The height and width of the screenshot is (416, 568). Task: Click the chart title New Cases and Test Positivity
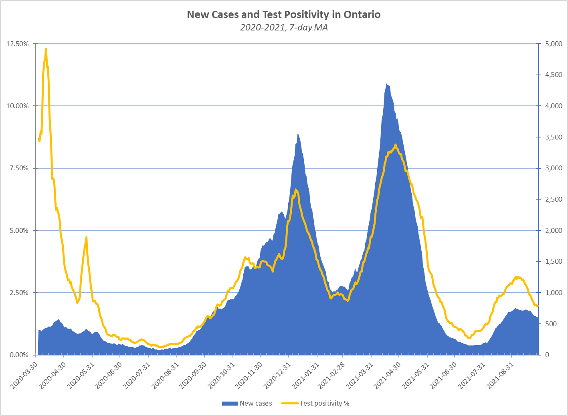[284, 15]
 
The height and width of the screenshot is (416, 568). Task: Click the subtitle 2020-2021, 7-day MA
[284, 28]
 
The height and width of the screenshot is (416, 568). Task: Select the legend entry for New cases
[247, 404]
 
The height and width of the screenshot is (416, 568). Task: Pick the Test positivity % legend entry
[316, 404]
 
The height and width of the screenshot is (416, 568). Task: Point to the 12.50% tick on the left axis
[18, 44]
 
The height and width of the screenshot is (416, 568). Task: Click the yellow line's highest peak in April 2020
[46, 49]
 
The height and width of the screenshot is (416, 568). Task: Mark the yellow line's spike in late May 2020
[86, 237]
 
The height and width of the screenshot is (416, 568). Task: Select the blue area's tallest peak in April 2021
[386, 84]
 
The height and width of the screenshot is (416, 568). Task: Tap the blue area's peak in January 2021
[298, 134]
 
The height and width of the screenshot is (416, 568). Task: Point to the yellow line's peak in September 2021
[516, 277]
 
